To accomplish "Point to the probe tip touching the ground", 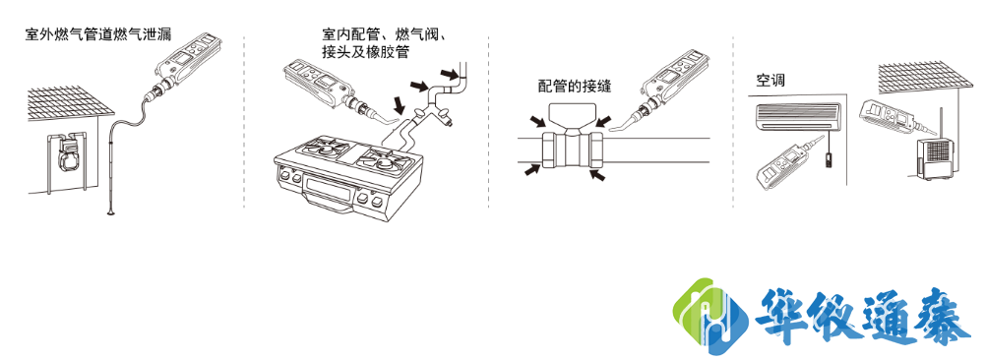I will pyautogui.click(x=109, y=211).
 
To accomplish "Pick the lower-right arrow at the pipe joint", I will pyautogui.click(x=596, y=174).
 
